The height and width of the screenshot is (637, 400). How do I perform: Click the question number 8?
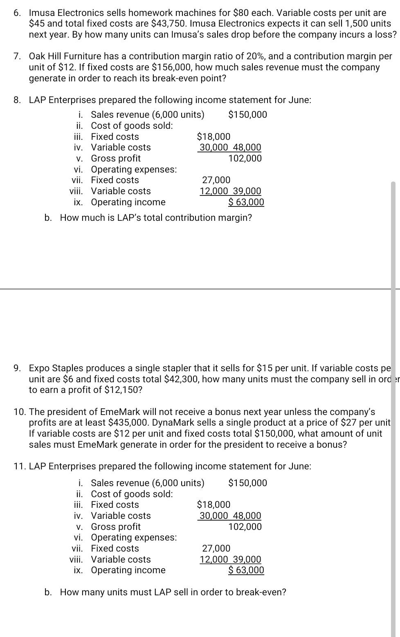17,100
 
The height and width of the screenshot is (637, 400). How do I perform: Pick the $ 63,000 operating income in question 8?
246,202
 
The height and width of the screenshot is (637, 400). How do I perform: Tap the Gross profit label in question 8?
116,158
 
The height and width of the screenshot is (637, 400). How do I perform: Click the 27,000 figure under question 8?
216,180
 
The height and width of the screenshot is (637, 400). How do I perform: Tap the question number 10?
20,412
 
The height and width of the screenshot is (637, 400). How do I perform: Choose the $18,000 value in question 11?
213,505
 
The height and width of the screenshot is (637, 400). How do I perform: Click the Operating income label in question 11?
128,570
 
